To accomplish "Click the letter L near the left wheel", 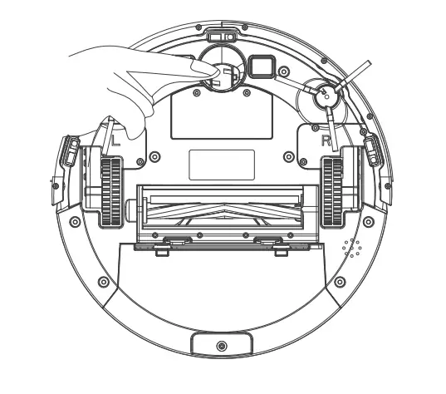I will click(115, 142).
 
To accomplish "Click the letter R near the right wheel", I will click(326, 140).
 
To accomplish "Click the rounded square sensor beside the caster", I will click(261, 65).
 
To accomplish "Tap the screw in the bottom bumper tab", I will click(220, 345).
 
